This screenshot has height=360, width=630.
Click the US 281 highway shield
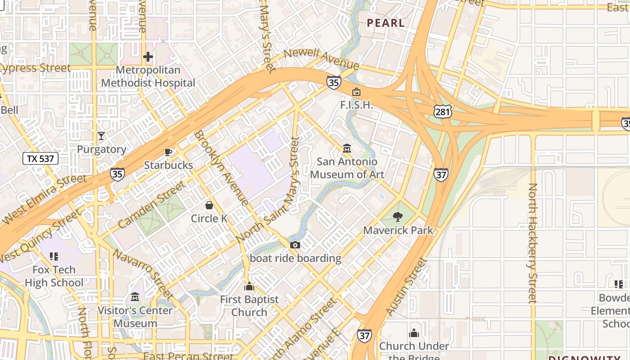(x=443, y=112)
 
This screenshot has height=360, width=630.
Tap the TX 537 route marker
(x=40, y=158)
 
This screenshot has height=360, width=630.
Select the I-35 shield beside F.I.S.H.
(x=333, y=82)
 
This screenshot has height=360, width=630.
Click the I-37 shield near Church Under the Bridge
(x=364, y=335)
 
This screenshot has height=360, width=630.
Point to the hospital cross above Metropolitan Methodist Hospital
(x=148, y=57)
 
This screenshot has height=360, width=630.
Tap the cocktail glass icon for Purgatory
(x=101, y=135)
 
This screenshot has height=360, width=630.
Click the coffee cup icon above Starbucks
(x=168, y=152)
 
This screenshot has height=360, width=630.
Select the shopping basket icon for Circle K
(x=209, y=206)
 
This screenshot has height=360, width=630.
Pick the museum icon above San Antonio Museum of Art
(x=347, y=148)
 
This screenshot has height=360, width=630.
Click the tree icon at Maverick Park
(x=398, y=217)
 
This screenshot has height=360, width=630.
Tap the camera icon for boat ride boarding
(x=295, y=245)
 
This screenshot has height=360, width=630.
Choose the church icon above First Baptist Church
(x=249, y=286)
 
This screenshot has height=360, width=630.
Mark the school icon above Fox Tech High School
(x=54, y=256)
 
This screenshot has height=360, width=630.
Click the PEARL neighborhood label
(x=386, y=23)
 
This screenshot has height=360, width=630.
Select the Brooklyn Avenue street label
(x=221, y=168)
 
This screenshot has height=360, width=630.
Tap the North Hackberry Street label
(x=532, y=243)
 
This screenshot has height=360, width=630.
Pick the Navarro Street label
(x=143, y=274)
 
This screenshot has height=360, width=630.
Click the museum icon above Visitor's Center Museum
(x=135, y=297)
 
